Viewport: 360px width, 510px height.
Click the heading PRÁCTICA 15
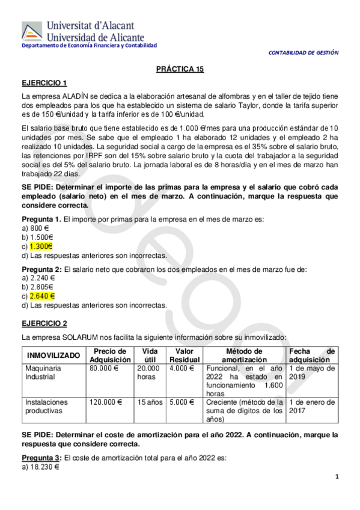pos(180,69)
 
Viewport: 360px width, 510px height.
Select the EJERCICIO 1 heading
pos(44,83)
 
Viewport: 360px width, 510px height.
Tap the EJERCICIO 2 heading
pos(44,323)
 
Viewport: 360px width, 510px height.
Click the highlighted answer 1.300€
pos(41,245)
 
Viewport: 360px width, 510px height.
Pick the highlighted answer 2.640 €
pos(42,296)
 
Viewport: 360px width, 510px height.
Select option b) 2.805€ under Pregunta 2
pos(38,287)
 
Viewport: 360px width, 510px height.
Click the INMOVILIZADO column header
pos(53,355)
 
